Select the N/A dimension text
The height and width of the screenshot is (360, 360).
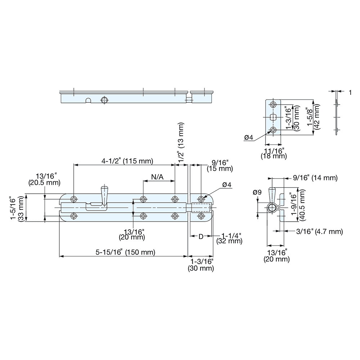point(157,177)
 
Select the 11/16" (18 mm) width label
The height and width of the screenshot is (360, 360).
point(274,153)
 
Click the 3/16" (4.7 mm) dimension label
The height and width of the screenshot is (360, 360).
point(318,231)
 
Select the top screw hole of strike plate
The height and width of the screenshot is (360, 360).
point(273,105)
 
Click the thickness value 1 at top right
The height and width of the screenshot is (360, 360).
point(350,93)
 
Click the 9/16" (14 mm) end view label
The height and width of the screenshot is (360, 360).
point(315,177)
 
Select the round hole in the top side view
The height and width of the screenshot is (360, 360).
point(104,100)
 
